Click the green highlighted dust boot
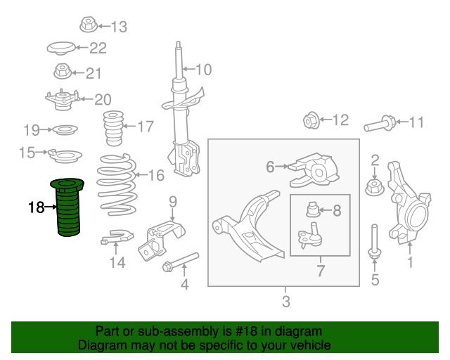pyautogui.click(x=67, y=208)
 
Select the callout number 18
pyautogui.click(x=36, y=207)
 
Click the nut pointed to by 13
pyautogui.click(x=89, y=25)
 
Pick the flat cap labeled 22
pyautogui.click(x=61, y=49)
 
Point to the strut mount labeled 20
pyautogui.click(x=63, y=100)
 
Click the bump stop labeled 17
pyautogui.click(x=113, y=128)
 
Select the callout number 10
pyautogui.click(x=204, y=70)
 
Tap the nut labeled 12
pyautogui.click(x=311, y=120)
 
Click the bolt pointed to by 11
pyautogui.click(x=380, y=124)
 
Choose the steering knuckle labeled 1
pyautogui.click(x=409, y=202)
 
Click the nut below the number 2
pyautogui.click(x=375, y=187)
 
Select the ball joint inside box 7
pyautogui.click(x=310, y=236)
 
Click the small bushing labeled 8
pyautogui.click(x=312, y=210)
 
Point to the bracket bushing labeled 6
pyautogui.click(x=314, y=170)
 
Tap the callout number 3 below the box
pyautogui.click(x=286, y=302)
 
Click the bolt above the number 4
pyautogui.click(x=180, y=262)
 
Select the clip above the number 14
pyautogui.click(x=117, y=236)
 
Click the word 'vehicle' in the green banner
pyautogui.click(x=312, y=345)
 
